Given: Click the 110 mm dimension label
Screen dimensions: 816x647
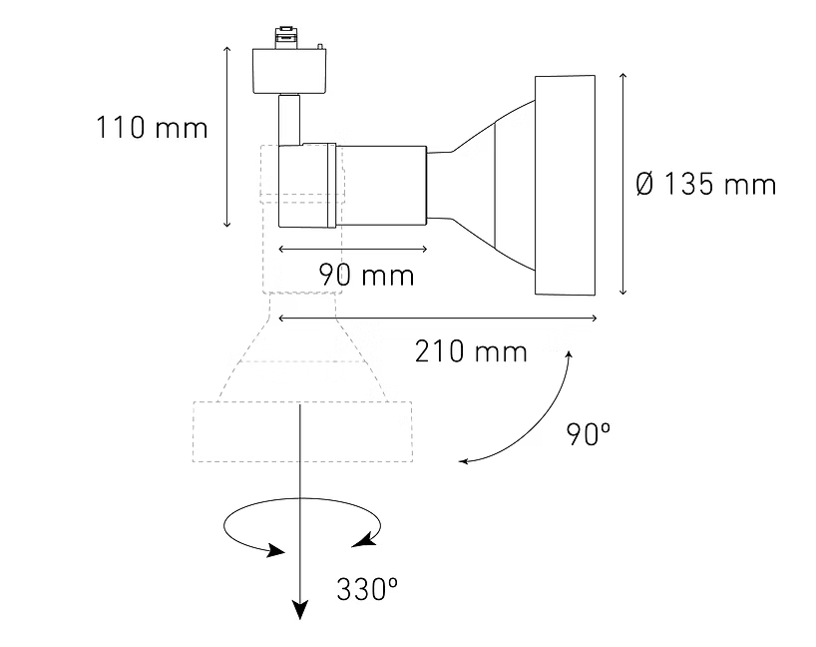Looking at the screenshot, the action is [152, 128].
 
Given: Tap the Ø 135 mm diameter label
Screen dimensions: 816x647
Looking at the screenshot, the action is [706, 185].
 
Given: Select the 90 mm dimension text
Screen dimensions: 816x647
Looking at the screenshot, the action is [366, 275].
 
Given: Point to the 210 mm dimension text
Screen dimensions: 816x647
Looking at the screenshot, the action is [471, 351].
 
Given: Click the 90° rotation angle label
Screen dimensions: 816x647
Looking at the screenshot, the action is [589, 434].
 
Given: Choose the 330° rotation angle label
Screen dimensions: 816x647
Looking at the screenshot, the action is [367, 590].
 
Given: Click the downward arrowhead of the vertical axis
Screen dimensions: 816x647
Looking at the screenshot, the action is [300, 610].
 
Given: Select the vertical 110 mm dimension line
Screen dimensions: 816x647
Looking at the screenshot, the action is [226, 137].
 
